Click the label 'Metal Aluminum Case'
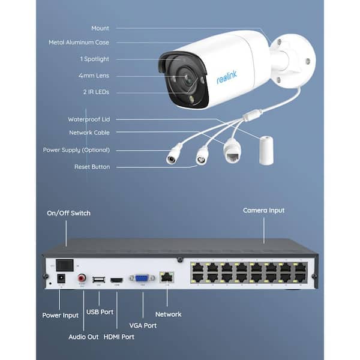tap(79, 43)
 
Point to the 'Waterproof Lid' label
tap(89, 119)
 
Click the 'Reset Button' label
tap(92, 167)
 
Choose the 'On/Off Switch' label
tap(69, 213)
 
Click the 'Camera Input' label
tap(263, 211)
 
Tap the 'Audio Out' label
tap(84, 337)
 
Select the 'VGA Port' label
tap(142, 325)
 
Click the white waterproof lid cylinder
tap(266, 150)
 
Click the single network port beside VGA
tap(166, 278)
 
